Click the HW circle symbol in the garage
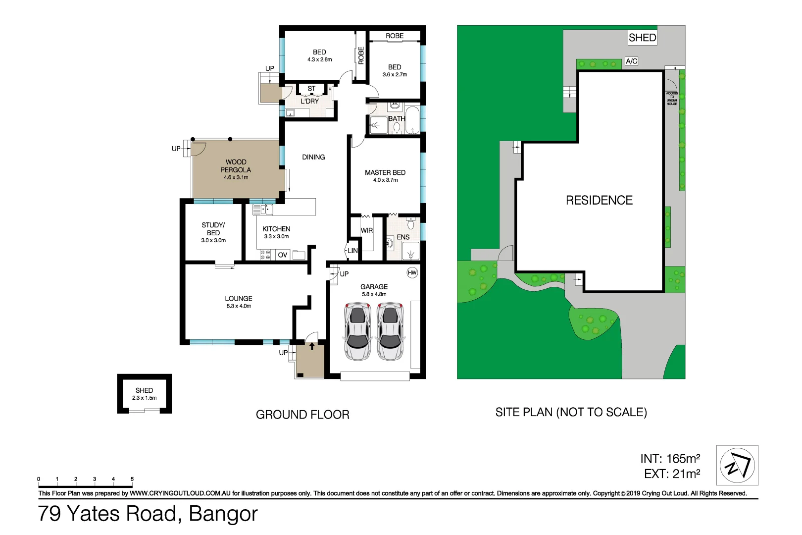[x=412, y=272]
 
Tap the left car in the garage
[x=357, y=331]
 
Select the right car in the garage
[x=390, y=331]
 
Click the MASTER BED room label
[x=385, y=172]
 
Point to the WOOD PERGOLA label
[x=236, y=166]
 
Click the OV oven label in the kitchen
[x=282, y=255]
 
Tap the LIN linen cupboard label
[x=352, y=251]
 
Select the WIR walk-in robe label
[x=366, y=230]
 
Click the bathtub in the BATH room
[x=412, y=119]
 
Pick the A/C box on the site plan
[x=631, y=61]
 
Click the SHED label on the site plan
[x=642, y=38]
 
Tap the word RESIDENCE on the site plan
[x=599, y=200]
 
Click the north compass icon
[x=737, y=465]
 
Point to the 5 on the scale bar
[x=132, y=479]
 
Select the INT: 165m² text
[x=670, y=459]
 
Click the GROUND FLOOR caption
[x=302, y=415]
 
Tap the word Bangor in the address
[x=223, y=514]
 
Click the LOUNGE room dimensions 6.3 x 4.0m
[x=239, y=306]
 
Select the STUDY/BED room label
[x=213, y=229]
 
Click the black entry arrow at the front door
[x=312, y=346]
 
